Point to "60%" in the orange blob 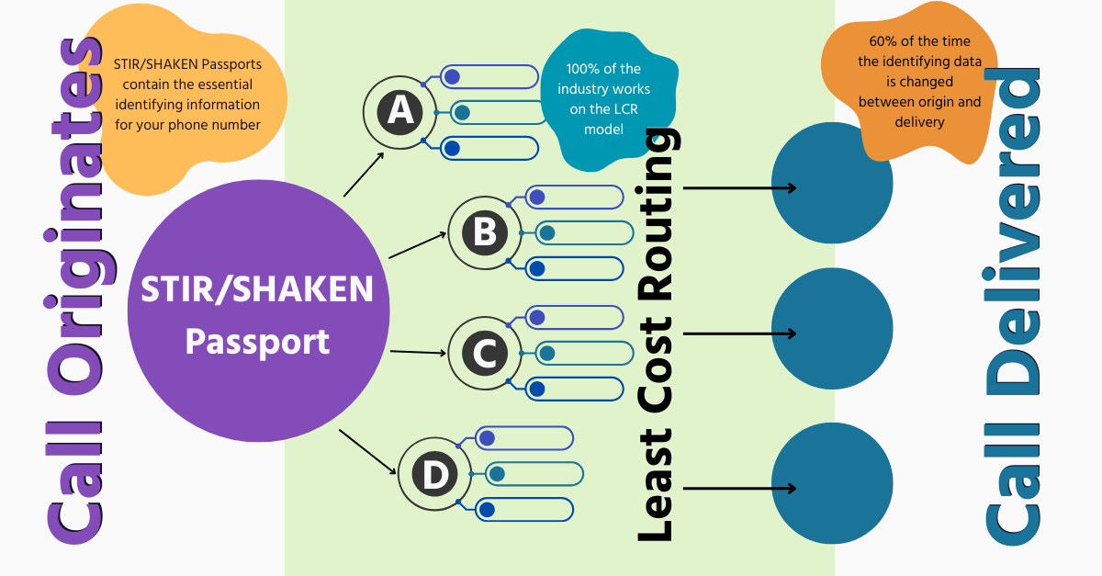880,41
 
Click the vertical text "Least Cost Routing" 659,335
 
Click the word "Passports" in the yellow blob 229,65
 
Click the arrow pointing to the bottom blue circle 740,488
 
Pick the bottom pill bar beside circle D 524,509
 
